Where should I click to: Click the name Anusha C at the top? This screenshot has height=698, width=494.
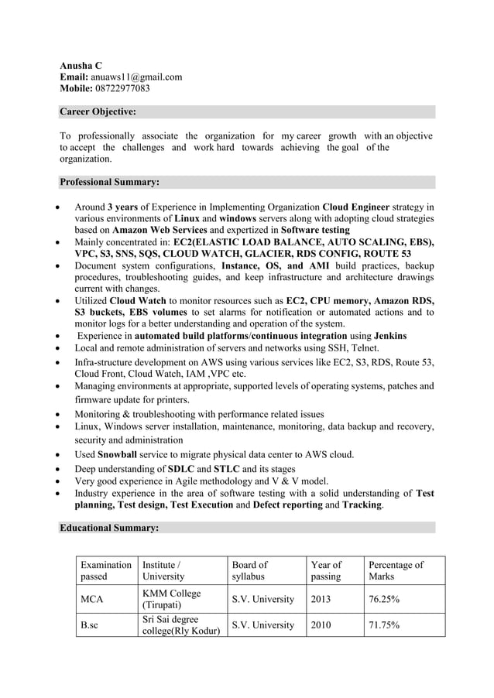(81, 65)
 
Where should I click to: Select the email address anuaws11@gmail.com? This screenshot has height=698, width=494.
(136, 77)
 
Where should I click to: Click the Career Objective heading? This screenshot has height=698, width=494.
(98, 112)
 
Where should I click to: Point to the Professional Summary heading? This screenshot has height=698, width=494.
(109, 183)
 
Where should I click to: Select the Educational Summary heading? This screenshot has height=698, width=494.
(109, 528)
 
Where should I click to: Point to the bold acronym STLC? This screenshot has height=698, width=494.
(227, 469)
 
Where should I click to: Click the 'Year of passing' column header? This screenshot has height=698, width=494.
(325, 570)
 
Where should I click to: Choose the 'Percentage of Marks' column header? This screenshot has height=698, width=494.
(396, 570)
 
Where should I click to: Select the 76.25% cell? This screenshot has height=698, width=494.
(384, 600)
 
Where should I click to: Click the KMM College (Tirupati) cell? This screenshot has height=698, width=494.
(171, 599)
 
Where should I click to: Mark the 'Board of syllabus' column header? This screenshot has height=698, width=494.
(250, 570)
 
